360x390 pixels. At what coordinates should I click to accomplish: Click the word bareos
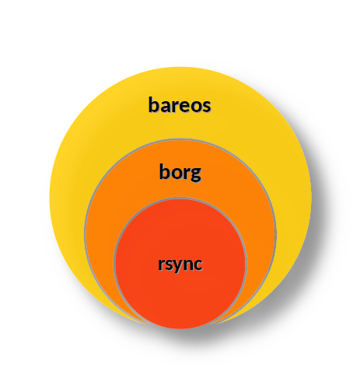(180, 104)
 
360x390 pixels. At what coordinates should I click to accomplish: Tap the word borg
(180, 172)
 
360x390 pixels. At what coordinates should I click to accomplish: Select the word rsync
(180, 265)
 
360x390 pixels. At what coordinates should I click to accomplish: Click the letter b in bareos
(154, 104)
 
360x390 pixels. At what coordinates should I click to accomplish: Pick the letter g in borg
(196, 174)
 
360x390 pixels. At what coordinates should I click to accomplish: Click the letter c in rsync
(197, 265)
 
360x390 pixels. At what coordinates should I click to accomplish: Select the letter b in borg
(165, 171)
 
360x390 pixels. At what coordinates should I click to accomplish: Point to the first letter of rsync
(160, 265)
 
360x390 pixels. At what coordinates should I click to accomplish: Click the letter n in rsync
(187, 265)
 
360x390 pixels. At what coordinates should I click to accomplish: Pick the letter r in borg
(187, 174)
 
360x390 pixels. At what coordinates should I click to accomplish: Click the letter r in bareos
(175, 107)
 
